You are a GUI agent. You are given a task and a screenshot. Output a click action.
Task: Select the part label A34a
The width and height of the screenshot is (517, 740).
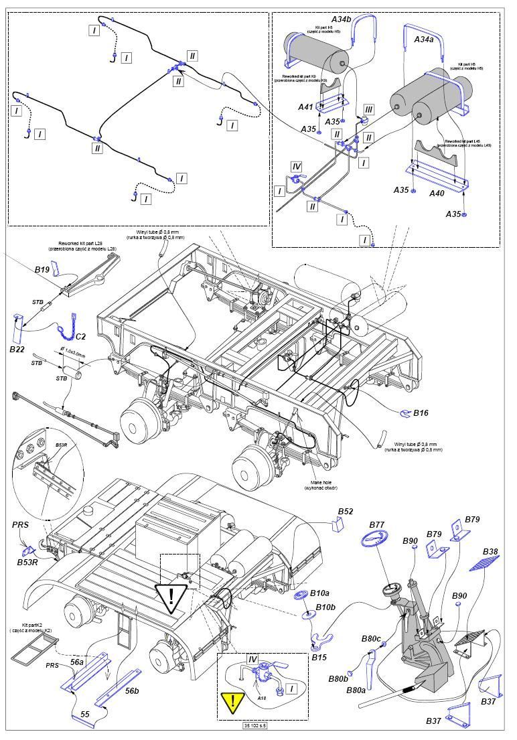pyautogui.click(x=424, y=40)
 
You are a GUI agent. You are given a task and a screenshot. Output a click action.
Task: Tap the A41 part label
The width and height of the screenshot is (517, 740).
pyautogui.click(x=305, y=106)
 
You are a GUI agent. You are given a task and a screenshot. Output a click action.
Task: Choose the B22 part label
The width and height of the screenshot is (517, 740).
pyautogui.click(x=17, y=350)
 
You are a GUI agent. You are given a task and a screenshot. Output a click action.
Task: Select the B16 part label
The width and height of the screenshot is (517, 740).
pyautogui.click(x=421, y=413)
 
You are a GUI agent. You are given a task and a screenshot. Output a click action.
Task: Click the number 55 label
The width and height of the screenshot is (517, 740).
pyautogui.click(x=85, y=715)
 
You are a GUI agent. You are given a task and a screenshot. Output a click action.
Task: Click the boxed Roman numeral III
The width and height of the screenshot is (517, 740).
pyautogui.click(x=368, y=109)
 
